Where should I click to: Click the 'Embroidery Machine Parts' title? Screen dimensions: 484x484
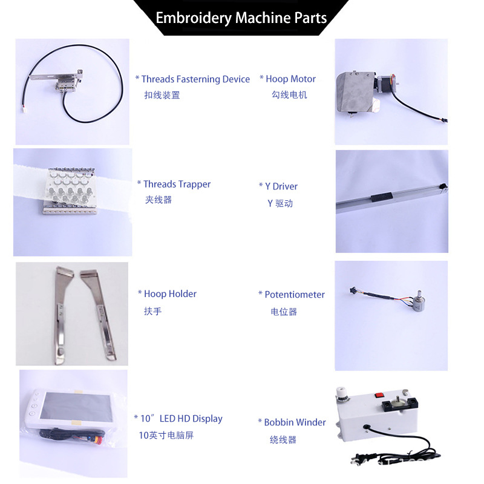point(241,18)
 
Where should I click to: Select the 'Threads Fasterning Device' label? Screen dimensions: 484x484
point(192,79)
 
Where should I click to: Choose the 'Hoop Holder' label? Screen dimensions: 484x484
point(167,294)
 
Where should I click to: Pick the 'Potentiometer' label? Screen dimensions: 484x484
point(292,295)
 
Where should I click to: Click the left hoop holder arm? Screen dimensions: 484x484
point(63,312)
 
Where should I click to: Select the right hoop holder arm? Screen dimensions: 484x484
point(100,312)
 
